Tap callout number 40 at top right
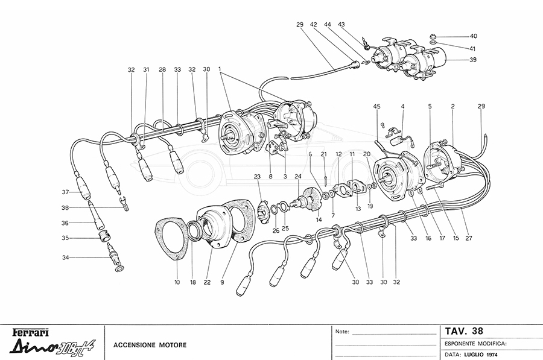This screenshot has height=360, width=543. click(x=474, y=36)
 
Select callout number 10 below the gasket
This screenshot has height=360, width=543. click(x=177, y=282)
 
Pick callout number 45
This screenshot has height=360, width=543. click(x=376, y=107)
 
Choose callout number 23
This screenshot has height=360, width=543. click(x=256, y=177)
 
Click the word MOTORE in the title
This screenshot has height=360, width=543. click(x=171, y=345)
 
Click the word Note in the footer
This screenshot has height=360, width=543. click(x=341, y=332)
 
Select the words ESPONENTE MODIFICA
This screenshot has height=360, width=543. click(x=475, y=343)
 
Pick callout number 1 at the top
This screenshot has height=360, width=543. click(x=220, y=69)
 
